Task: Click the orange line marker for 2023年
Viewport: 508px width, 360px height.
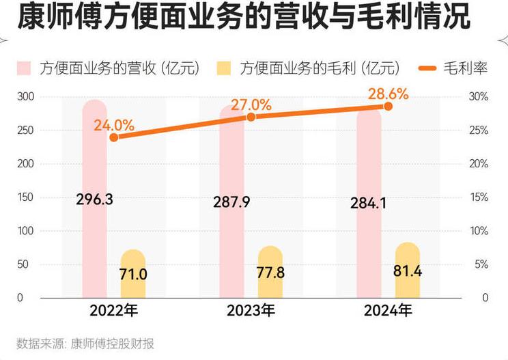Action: [251, 117]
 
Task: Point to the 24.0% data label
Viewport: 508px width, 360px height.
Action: [114, 125]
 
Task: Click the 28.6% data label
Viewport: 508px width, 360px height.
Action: [389, 94]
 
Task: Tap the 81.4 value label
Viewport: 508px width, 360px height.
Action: [408, 271]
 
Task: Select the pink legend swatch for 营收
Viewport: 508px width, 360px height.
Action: [25, 68]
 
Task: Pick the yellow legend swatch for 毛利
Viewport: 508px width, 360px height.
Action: [223, 68]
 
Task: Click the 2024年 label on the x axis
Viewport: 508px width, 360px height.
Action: [388, 311]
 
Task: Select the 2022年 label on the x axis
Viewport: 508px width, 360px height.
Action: [114, 311]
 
